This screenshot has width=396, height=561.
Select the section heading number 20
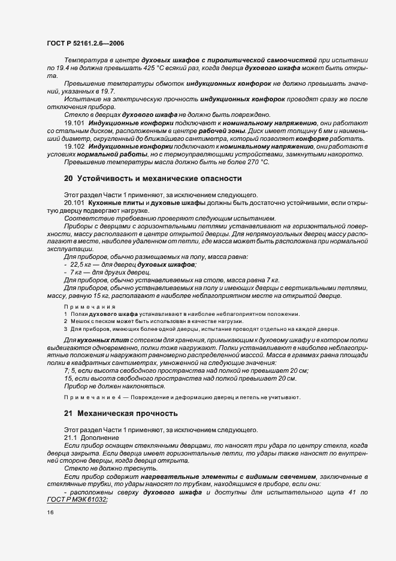[x=68, y=178]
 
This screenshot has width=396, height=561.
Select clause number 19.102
[x=74, y=146]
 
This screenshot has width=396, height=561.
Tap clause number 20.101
[x=74, y=203]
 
